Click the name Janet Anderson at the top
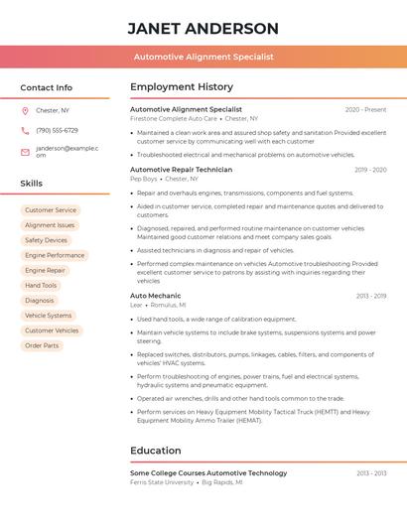pyautogui.click(x=203, y=28)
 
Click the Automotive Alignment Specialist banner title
pyautogui.click(x=203, y=57)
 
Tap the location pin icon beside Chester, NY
pyautogui.click(x=25, y=110)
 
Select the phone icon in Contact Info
pyautogui.click(x=25, y=130)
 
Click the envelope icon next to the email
pyautogui.click(x=25, y=152)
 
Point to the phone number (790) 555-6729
pyautogui.click(x=57, y=130)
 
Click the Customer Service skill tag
pyautogui.click(x=51, y=210)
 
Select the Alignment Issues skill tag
pyautogui.click(x=50, y=225)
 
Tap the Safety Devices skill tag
pyautogui.click(x=46, y=240)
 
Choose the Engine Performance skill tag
pyautogui.click(x=55, y=255)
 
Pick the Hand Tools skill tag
pyautogui.click(x=41, y=285)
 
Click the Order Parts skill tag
pyautogui.click(x=42, y=345)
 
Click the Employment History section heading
pyautogui.click(x=182, y=87)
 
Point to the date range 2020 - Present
pyautogui.click(x=365, y=109)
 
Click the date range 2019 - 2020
pyautogui.click(x=370, y=170)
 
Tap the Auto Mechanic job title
pyautogui.click(x=155, y=296)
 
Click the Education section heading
pyautogui.click(x=156, y=451)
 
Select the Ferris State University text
pyautogui.click(x=162, y=482)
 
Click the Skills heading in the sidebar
pyautogui.click(x=32, y=184)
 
